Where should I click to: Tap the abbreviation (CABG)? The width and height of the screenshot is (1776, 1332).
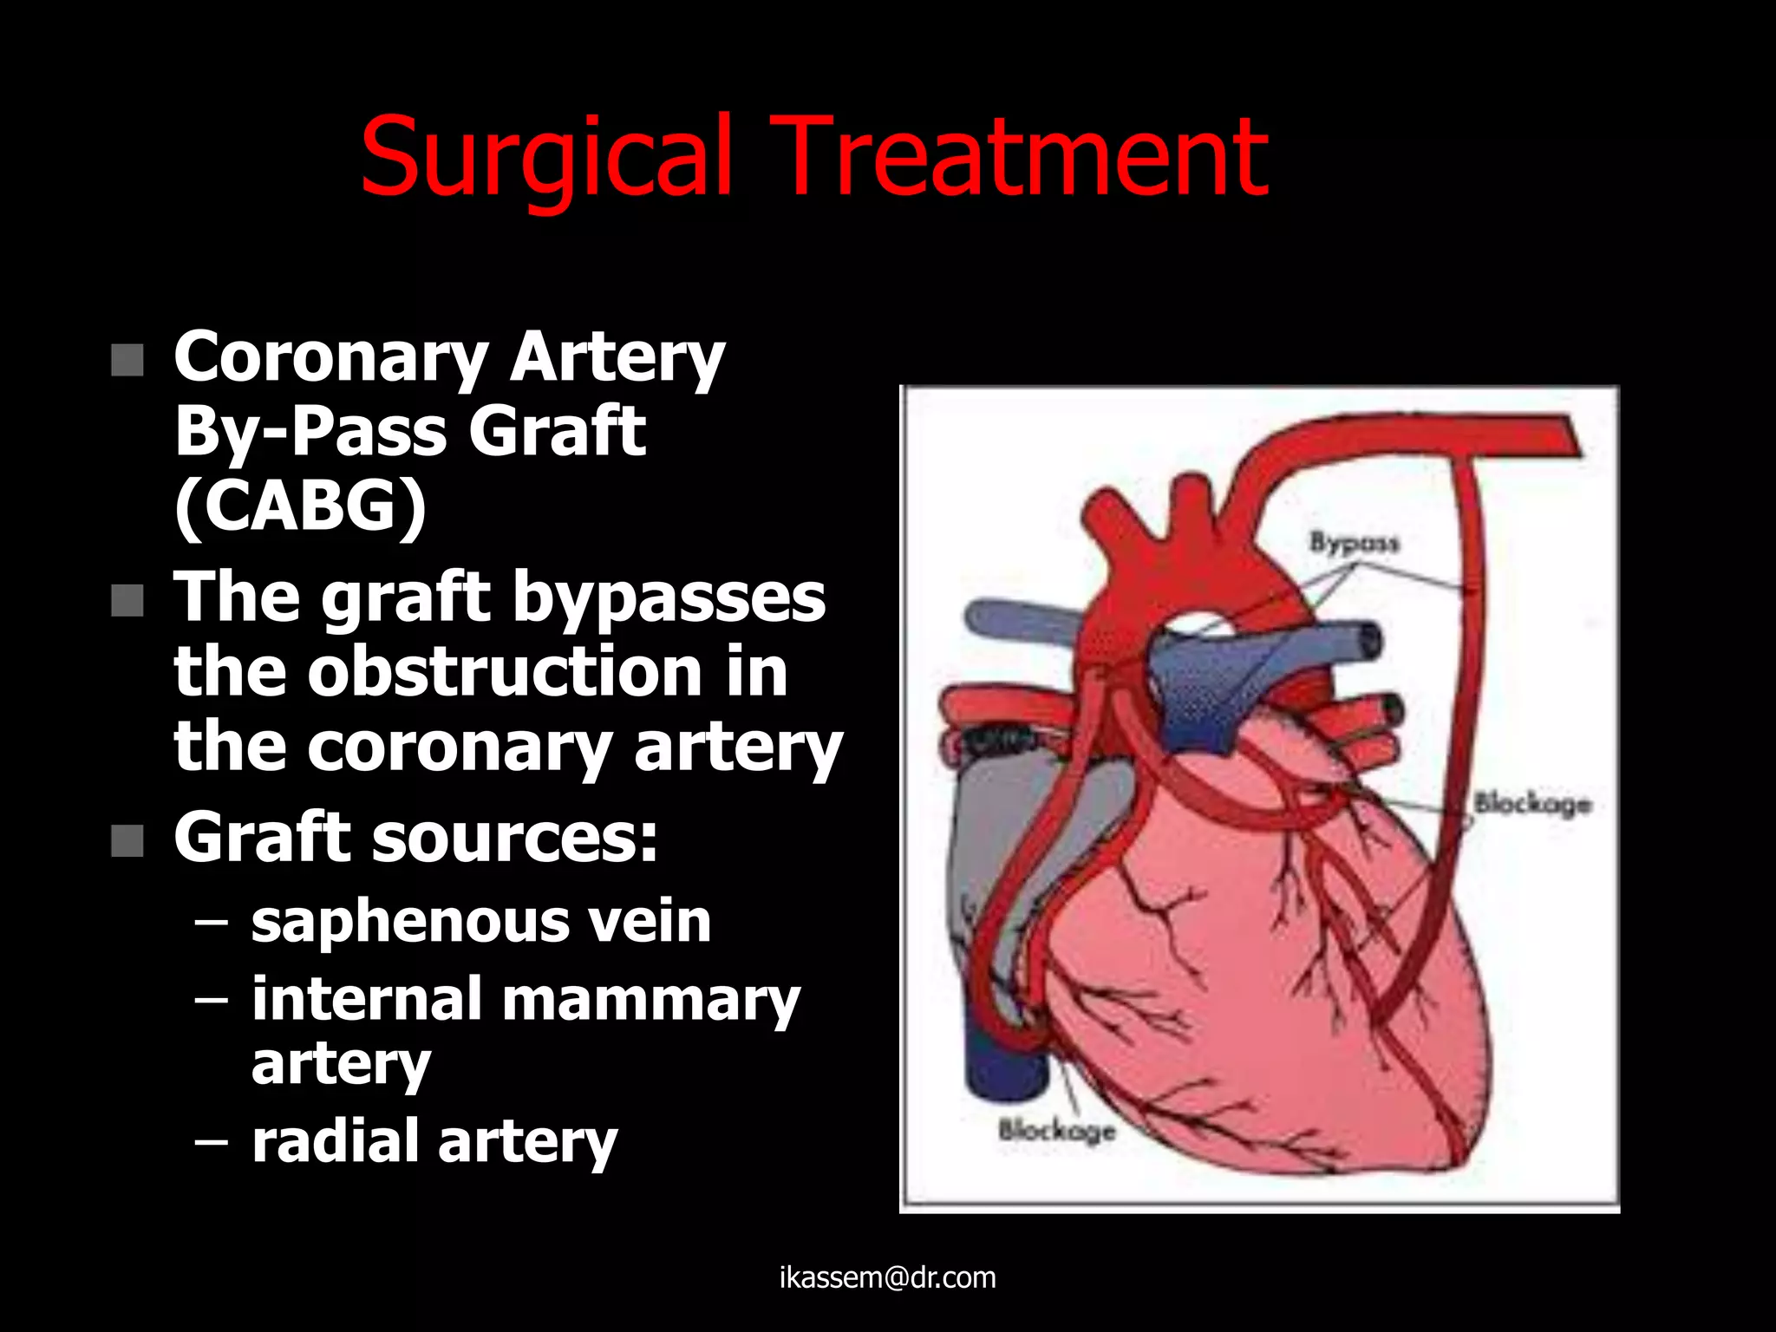coord(300,506)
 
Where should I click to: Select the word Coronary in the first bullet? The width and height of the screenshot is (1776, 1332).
coord(331,357)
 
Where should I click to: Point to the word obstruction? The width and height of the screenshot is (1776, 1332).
coord(504,671)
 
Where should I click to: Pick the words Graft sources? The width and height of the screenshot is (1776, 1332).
coord(415,838)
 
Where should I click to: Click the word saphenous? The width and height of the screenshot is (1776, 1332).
coord(408,921)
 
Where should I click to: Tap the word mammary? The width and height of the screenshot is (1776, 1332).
coord(650,1001)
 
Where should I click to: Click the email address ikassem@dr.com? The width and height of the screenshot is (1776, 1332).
coord(887,1277)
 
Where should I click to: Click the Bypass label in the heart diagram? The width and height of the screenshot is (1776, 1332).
coord(1354,543)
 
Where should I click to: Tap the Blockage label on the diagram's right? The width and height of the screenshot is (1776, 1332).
coord(1533,803)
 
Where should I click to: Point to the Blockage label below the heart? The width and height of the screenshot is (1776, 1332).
coord(1056,1130)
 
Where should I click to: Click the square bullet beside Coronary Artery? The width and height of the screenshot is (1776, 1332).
coord(127,360)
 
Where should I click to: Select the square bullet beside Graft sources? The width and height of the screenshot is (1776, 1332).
coord(127,840)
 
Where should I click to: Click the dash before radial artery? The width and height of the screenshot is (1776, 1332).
coord(212,1142)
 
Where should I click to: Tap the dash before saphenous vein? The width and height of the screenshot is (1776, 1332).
coord(212,922)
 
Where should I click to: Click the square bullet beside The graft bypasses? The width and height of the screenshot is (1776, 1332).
coord(127,600)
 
